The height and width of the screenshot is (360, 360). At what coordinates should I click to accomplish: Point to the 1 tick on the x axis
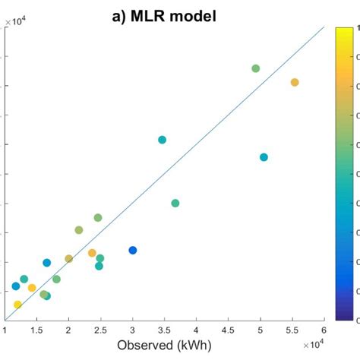click(x=5, y=330)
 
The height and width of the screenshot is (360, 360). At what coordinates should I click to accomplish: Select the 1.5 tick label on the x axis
click(x=36, y=330)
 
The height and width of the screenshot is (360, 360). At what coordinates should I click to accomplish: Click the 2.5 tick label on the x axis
click(x=100, y=330)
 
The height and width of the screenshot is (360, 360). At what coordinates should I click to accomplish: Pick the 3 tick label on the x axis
click(x=132, y=330)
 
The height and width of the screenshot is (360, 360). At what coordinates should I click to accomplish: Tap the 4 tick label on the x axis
click(x=196, y=330)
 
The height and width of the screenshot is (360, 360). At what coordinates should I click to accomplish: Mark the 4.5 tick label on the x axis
click(x=228, y=330)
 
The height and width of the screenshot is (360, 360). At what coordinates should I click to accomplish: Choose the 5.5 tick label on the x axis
click(x=292, y=330)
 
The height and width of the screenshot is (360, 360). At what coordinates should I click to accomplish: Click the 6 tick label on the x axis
click(x=324, y=330)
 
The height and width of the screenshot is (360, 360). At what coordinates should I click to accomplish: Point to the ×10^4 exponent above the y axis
click(x=14, y=21)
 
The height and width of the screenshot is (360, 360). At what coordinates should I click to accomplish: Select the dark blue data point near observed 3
click(x=133, y=250)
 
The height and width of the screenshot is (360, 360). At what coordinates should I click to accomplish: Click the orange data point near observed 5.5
click(x=295, y=82)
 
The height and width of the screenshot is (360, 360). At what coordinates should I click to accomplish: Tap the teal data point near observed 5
click(x=264, y=157)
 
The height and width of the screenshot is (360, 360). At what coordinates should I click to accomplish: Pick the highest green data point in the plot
click(x=256, y=68)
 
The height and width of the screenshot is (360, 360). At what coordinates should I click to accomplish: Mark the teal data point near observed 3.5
click(x=162, y=140)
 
